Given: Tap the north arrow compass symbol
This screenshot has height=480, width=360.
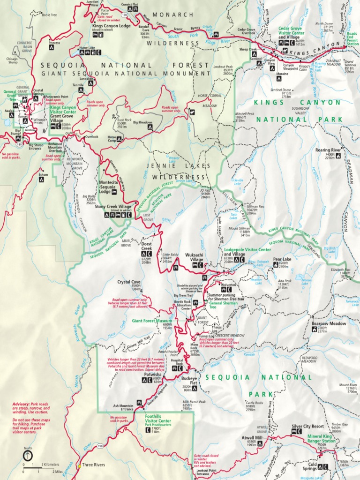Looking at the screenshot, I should coord(28,455).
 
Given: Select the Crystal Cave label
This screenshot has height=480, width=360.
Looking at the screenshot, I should coord(129,282).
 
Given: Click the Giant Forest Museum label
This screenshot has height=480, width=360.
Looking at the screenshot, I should coord(152,321).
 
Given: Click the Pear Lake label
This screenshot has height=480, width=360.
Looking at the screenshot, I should coord(282,259).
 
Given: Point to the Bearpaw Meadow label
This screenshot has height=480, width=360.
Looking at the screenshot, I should coord(329,323).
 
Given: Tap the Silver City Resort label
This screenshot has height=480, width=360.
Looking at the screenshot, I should coord(307,427).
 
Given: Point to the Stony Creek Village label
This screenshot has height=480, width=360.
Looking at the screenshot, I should coord(113,206).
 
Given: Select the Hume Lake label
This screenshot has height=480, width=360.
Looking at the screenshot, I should coord(87,47).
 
